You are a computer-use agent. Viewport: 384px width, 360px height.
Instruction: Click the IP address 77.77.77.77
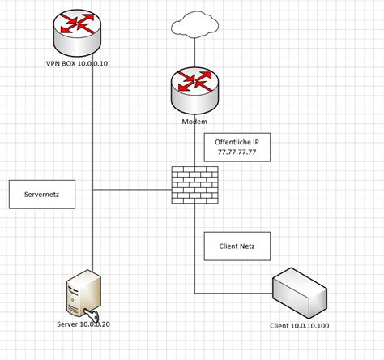[237, 151]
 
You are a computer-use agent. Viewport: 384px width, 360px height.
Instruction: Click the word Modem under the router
[195, 122]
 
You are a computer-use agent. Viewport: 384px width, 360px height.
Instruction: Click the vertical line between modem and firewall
[195, 146]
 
